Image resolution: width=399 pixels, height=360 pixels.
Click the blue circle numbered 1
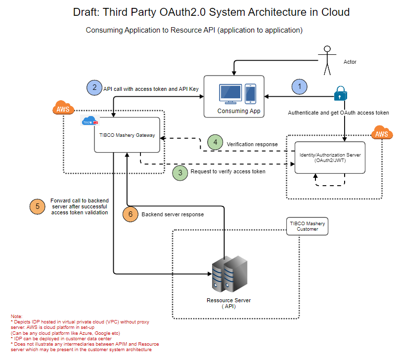[299, 87]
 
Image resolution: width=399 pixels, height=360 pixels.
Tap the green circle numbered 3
[180, 172]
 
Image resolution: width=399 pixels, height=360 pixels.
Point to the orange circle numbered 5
[37, 206]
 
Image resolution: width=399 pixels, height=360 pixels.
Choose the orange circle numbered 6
[130, 214]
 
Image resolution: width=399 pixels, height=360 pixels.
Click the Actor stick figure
[326, 61]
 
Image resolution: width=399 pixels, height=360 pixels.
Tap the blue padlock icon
[341, 93]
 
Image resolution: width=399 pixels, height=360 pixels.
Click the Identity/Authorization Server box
[330, 158]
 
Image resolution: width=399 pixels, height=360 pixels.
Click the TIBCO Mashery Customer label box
[307, 226]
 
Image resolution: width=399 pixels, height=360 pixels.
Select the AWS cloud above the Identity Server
[382, 133]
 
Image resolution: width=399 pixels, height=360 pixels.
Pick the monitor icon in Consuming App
[230, 94]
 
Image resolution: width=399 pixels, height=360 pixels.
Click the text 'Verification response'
[252, 144]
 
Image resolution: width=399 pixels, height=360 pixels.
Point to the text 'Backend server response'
[173, 215]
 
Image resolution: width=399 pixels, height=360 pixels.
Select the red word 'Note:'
[17, 316]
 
